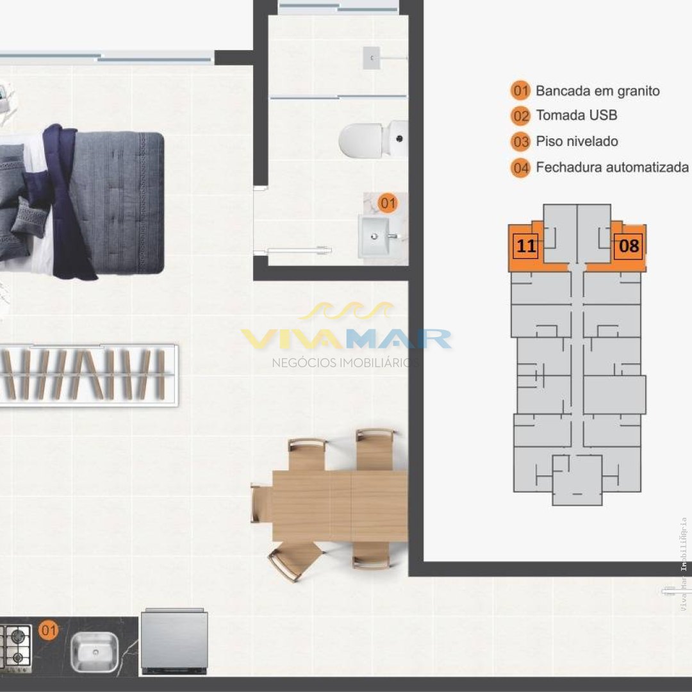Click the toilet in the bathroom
[x=374, y=140]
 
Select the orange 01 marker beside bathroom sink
[x=388, y=204]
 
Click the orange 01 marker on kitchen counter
[x=49, y=630]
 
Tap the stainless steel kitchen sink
[x=94, y=652]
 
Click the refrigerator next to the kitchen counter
[x=174, y=641]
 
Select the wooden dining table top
[x=340, y=506]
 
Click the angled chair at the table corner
[x=294, y=559]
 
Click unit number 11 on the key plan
[x=525, y=246]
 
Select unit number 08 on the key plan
[x=629, y=246]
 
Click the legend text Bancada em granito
[x=598, y=91]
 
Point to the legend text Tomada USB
[x=577, y=115]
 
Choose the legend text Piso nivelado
[x=577, y=141]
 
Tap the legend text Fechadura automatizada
[x=612, y=167]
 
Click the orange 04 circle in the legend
[x=521, y=168]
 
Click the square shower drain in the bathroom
[x=372, y=58]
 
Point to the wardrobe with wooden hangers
[x=88, y=375]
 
